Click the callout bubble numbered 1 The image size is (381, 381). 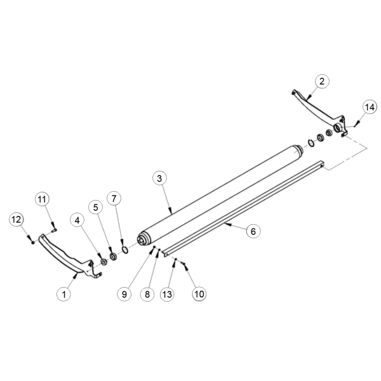(x=64, y=294)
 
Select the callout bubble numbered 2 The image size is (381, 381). (x=322, y=81)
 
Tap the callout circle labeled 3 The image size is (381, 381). (x=159, y=178)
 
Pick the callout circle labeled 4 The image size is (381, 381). (x=77, y=220)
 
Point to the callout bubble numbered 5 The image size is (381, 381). (x=96, y=208)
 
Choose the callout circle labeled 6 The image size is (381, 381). (x=253, y=231)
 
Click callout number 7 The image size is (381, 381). (x=114, y=199)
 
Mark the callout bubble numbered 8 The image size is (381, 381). (x=147, y=295)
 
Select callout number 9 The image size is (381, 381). (x=124, y=295)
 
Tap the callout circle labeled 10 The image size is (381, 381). (x=199, y=294)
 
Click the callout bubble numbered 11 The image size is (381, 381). (x=42, y=199)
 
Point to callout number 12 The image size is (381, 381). (x=17, y=220)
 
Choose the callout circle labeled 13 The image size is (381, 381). (x=167, y=295)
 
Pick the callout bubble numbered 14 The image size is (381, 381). (x=370, y=107)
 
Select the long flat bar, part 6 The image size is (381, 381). (x=243, y=208)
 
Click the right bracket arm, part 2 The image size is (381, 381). (x=318, y=112)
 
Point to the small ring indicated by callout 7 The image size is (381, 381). (x=125, y=250)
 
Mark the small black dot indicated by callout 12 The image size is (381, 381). (x=32, y=243)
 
